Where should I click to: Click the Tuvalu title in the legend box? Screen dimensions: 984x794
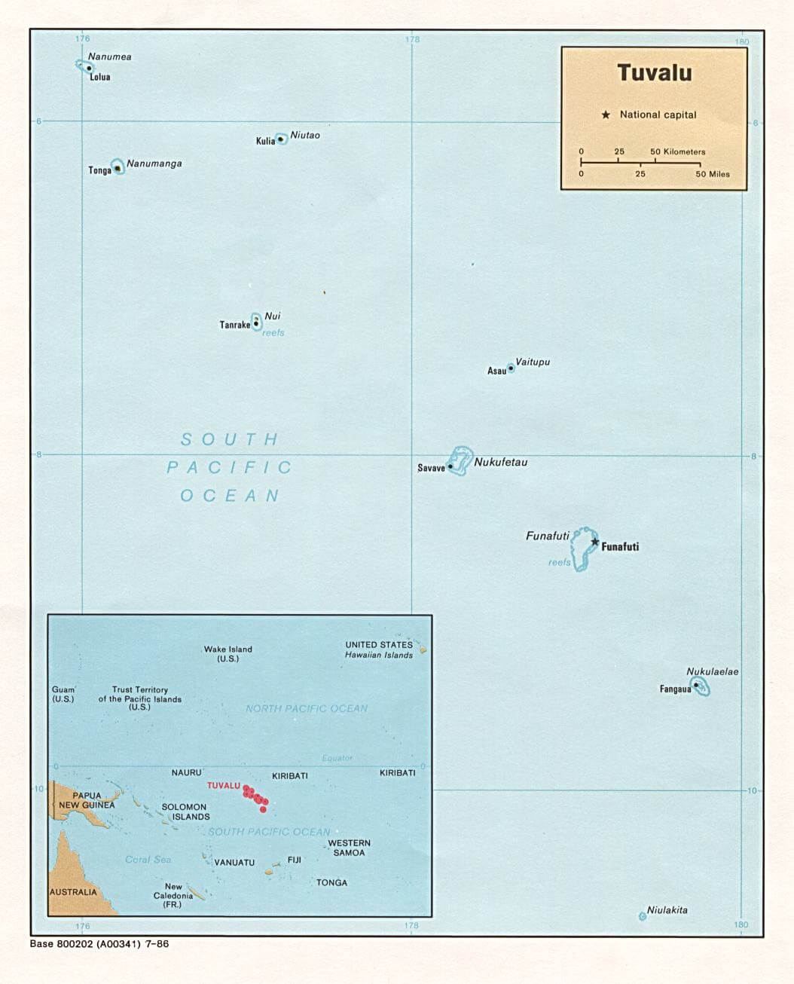pos(654,73)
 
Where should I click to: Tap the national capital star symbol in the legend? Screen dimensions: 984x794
pos(606,115)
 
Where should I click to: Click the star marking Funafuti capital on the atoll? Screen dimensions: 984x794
pos(595,542)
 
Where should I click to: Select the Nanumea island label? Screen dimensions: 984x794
pos(109,57)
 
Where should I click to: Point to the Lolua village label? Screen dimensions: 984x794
pos(100,77)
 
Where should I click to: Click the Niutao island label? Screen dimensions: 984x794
pos(305,136)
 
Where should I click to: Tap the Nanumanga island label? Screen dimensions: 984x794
pos(154,163)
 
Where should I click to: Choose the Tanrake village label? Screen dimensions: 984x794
pos(234,325)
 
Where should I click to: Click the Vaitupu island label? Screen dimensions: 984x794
pos(533,362)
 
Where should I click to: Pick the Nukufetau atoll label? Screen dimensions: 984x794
pos(500,463)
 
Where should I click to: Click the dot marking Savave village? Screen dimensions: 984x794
pos(450,467)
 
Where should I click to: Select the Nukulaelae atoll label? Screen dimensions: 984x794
pos(712,672)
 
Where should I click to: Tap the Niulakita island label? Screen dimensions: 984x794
pos(667,910)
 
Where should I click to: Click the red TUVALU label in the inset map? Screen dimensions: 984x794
pos(223,786)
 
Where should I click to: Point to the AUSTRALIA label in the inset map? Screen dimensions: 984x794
pos(73,892)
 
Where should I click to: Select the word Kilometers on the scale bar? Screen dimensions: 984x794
pos(684,152)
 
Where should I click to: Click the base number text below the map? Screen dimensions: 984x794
pos(99,944)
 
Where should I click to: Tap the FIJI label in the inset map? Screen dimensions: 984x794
pos(294,860)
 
